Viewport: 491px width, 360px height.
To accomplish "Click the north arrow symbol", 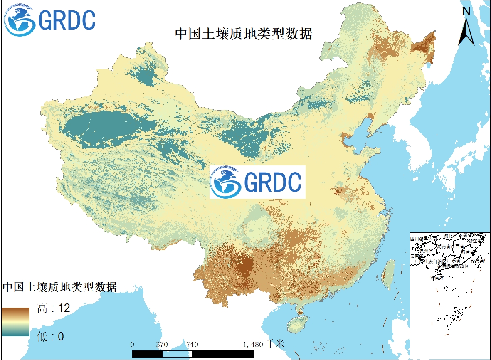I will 466,32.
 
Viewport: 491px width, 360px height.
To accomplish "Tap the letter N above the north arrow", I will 466,12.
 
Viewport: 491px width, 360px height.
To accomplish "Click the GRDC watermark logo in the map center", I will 257,182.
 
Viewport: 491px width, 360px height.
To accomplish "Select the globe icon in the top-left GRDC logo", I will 18,20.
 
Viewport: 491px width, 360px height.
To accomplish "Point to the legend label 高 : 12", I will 53,308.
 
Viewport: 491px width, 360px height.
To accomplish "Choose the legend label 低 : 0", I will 50,336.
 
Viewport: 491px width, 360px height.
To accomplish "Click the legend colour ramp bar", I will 15,322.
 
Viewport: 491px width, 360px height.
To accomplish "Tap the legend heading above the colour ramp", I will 60,287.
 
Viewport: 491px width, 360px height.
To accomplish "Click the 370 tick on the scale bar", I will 162,345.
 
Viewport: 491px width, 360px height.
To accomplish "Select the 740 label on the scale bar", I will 192,345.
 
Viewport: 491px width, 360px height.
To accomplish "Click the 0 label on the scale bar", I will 132,345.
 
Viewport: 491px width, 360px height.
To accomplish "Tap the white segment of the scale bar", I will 177,353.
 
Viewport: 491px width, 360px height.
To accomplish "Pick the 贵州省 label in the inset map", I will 426,251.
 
